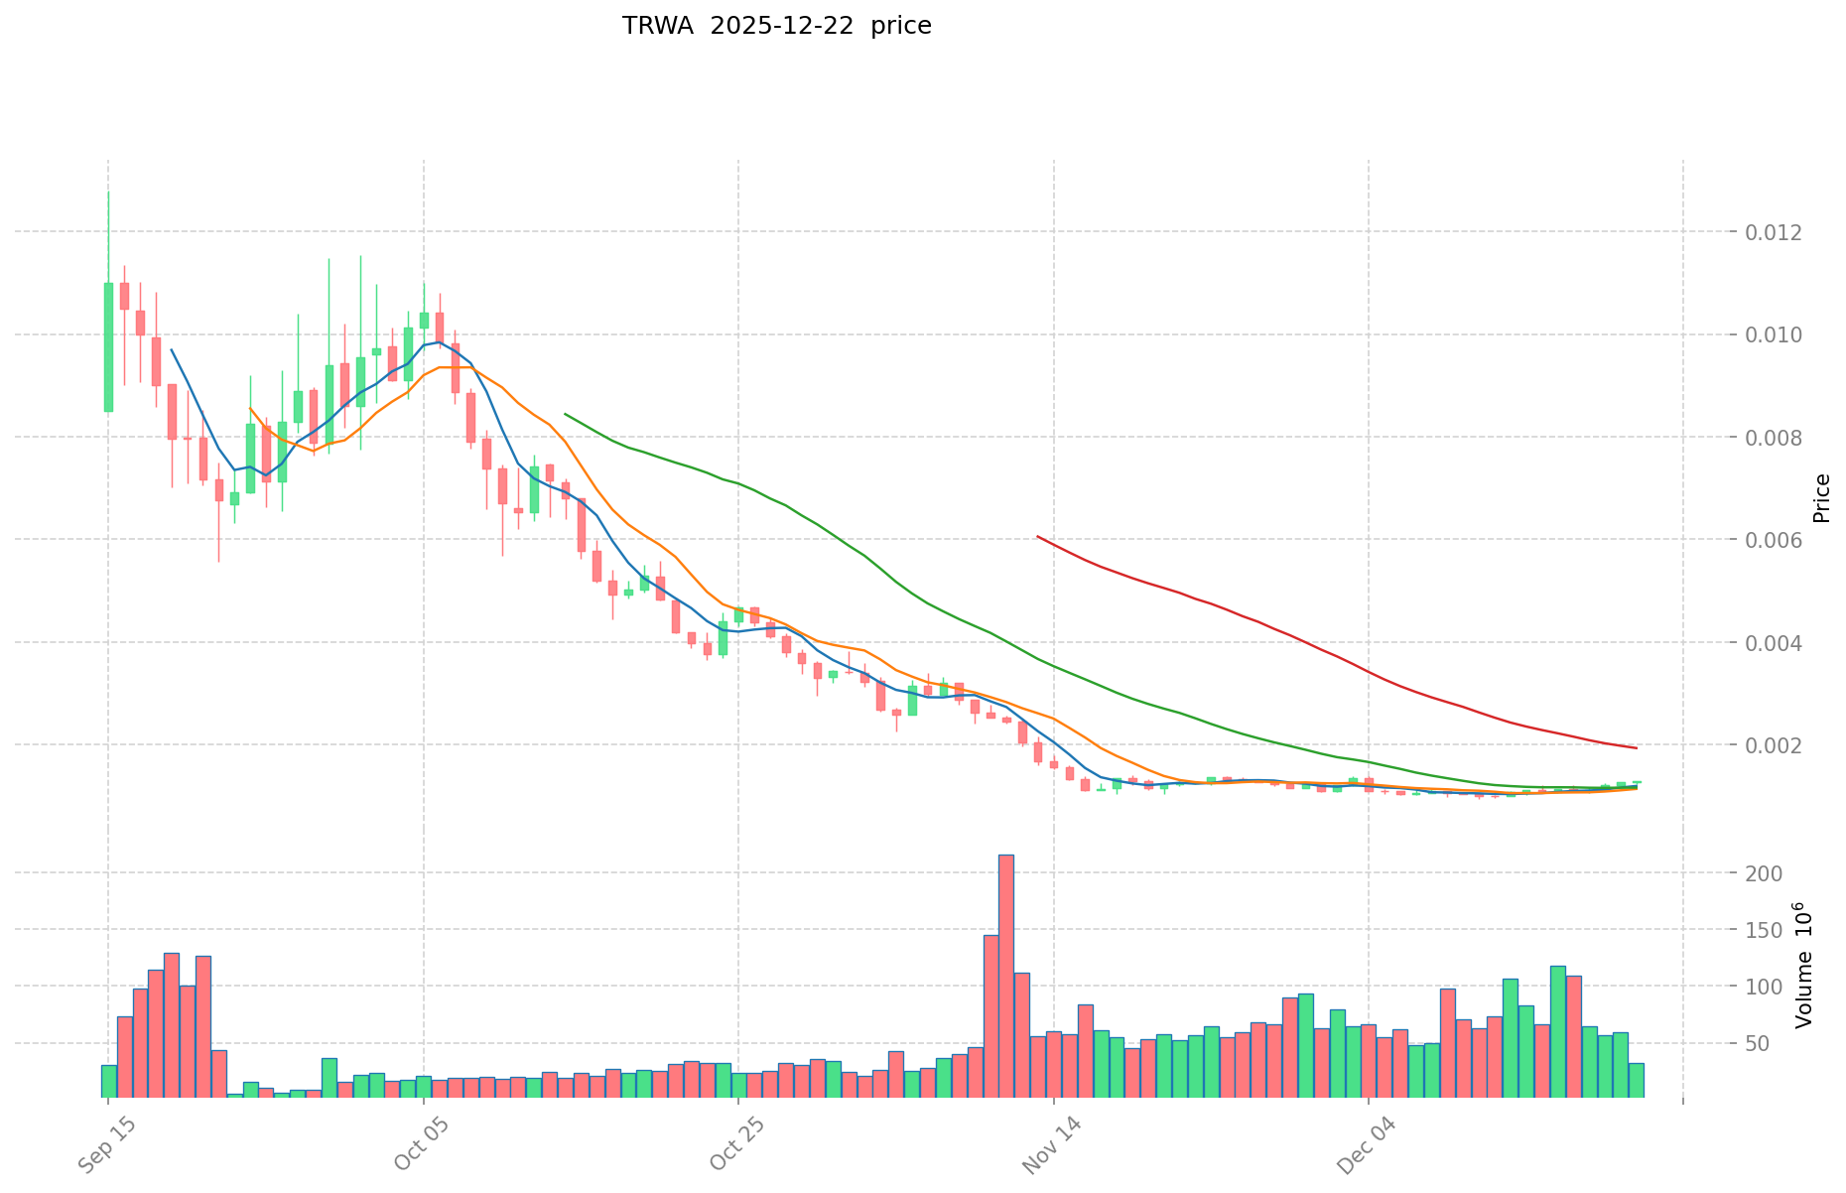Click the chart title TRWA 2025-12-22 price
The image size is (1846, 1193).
(x=776, y=27)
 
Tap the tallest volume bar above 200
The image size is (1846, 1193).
(x=1005, y=975)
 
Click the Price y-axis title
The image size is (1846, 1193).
(x=1820, y=498)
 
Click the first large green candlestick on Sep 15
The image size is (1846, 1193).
(x=108, y=347)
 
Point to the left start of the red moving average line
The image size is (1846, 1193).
(x=1037, y=537)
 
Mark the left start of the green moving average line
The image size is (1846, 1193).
(x=565, y=414)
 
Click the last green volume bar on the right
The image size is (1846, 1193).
(x=1636, y=1080)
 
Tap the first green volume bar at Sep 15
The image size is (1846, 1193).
(x=108, y=1081)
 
